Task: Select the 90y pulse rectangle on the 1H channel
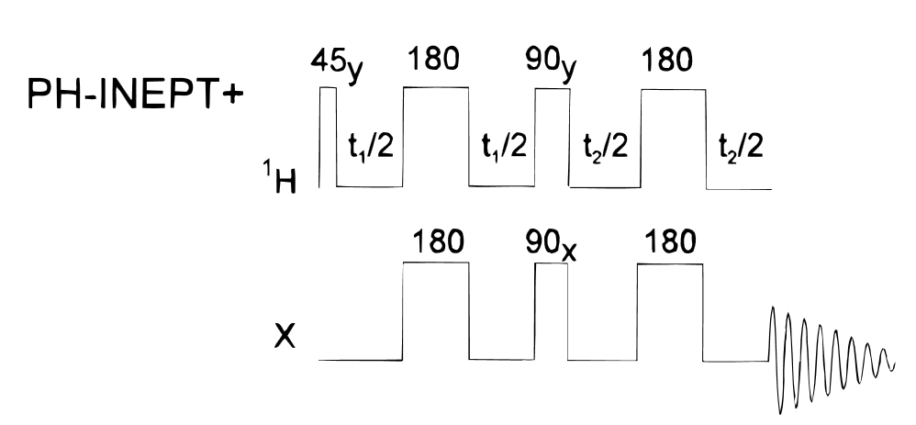[x=552, y=138]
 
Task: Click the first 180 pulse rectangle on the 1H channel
[x=436, y=138]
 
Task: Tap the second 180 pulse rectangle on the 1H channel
[x=673, y=138]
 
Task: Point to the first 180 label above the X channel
[x=436, y=242]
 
